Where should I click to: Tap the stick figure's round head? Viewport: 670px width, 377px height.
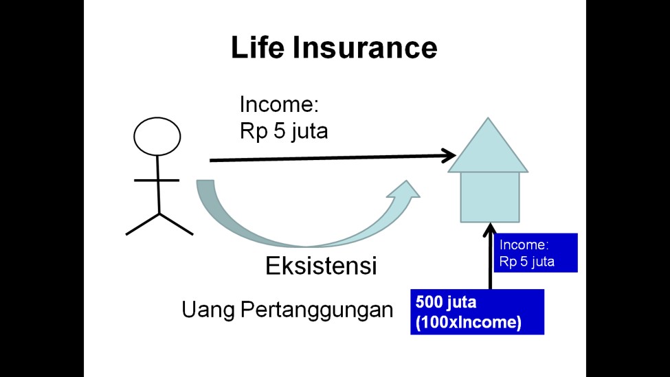[157, 136]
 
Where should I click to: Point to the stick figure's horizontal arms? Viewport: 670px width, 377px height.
[157, 181]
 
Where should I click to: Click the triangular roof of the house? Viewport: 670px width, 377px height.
[488, 148]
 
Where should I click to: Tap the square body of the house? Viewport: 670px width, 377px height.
[489, 196]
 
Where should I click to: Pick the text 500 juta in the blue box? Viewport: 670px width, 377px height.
[446, 301]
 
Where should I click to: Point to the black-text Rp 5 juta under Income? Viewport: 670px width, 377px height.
[283, 131]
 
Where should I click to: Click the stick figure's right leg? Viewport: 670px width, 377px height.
[177, 224]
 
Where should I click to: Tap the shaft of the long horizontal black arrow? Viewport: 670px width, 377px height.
[323, 158]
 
